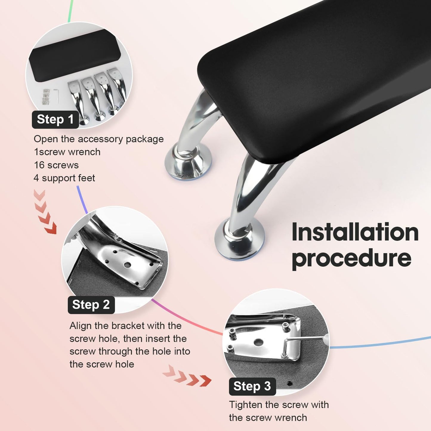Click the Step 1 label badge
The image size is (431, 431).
coord(55,119)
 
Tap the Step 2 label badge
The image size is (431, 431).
coord(91,305)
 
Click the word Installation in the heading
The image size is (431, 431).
coord(355,232)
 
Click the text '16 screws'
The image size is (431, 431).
coord(56,165)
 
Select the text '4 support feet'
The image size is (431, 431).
coord(64,178)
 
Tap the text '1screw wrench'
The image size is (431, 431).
coord(67,152)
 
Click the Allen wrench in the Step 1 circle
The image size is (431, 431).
coord(56,96)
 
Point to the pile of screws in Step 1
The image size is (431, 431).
coord(46,96)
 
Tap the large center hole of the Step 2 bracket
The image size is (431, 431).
coord(127,265)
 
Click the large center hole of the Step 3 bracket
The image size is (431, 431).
coord(259,342)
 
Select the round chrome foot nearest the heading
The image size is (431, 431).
coord(239,240)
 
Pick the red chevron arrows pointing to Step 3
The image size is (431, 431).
coord(187,377)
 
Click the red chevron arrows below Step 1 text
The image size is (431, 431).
coord(45,212)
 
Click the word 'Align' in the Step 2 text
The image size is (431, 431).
coord(81,326)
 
